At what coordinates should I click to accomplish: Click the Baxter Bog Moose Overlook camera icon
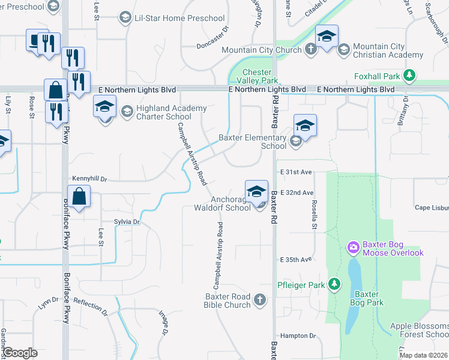[x=353, y=247]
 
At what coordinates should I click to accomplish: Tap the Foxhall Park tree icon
[x=409, y=75]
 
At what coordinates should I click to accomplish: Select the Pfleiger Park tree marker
[x=334, y=284]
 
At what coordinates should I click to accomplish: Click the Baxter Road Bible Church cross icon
[x=259, y=299]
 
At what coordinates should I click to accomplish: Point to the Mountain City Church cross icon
[x=310, y=50]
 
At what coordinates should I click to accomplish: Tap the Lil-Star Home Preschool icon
[x=125, y=18]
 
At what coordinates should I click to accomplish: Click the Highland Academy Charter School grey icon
[x=127, y=111]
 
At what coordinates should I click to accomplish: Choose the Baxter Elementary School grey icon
[x=295, y=141]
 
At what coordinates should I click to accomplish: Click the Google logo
[x=20, y=352]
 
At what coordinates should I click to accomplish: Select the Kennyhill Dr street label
[x=89, y=179]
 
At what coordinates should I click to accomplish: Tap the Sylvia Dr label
[x=127, y=222]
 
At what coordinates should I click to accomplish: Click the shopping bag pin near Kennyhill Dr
[x=79, y=195]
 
